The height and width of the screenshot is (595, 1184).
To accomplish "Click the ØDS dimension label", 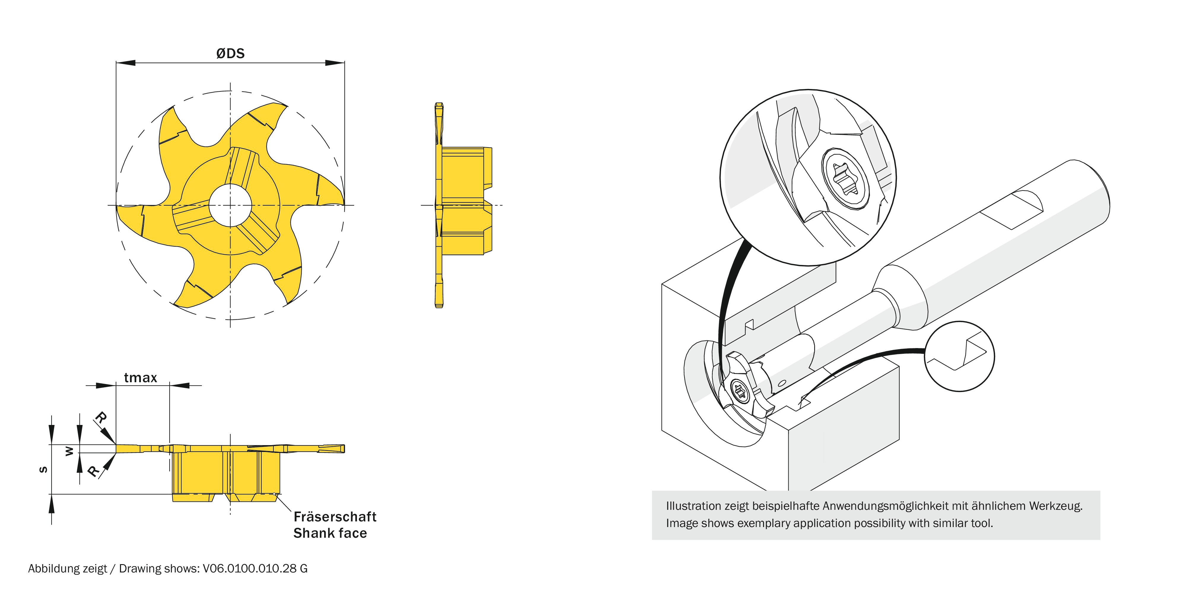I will click(x=230, y=53).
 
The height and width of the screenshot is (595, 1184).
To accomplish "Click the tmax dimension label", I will click(x=141, y=378).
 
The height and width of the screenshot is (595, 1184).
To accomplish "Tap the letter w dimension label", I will click(x=69, y=452).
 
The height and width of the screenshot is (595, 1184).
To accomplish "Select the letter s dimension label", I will click(x=43, y=469).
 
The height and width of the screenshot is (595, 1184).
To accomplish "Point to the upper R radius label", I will click(x=101, y=418).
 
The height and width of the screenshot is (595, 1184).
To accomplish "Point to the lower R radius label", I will click(x=94, y=471).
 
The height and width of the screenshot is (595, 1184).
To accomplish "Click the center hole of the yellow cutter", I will click(x=230, y=205).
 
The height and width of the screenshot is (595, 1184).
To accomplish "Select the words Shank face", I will click(x=330, y=533).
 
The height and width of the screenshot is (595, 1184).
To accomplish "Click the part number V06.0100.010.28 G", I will click(x=255, y=569).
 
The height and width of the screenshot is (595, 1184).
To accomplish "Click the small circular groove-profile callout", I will click(x=959, y=356).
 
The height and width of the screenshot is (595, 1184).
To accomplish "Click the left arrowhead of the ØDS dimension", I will click(x=125, y=63).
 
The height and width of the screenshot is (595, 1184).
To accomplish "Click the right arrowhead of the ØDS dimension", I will click(x=335, y=63).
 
